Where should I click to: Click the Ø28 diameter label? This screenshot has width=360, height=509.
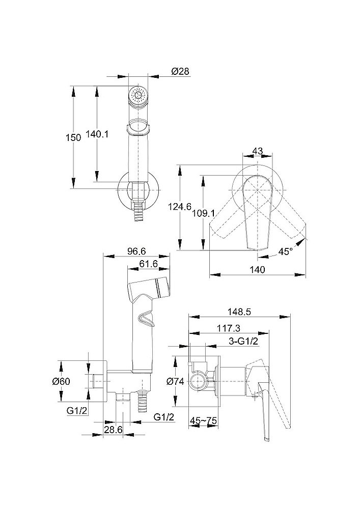tap(180, 73)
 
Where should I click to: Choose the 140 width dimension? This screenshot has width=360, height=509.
tap(258, 270)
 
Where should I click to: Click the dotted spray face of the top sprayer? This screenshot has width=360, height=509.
tap(137, 95)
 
